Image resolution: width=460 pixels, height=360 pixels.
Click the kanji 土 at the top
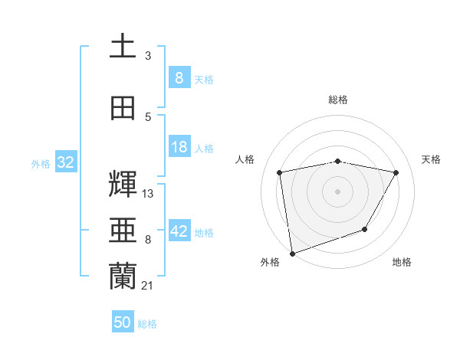pyautogui.click(x=123, y=45)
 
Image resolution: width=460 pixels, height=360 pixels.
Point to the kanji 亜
pyautogui.click(x=123, y=230)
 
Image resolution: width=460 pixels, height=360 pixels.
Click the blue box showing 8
pyautogui.click(x=179, y=77)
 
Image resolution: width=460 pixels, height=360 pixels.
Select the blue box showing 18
pyautogui.click(x=179, y=147)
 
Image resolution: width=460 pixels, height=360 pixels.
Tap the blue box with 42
pyautogui.click(x=179, y=231)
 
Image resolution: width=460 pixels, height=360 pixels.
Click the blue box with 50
pyautogui.click(x=123, y=322)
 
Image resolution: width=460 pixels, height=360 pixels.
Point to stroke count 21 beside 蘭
pyautogui.click(x=148, y=286)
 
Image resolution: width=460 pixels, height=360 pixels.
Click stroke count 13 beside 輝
pyautogui.click(x=148, y=194)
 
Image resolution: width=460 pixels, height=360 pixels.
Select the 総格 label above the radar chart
pyautogui.click(x=337, y=100)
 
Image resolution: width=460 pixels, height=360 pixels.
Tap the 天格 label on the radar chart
pyautogui.click(x=432, y=159)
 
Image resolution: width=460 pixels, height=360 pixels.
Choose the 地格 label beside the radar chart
pyautogui.click(x=402, y=262)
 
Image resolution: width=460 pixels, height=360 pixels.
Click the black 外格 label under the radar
pyautogui.click(x=270, y=262)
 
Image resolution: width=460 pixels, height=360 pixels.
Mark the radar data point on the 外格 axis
pyautogui.click(x=292, y=253)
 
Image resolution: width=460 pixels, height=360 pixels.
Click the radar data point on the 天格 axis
pyautogui.click(x=396, y=172)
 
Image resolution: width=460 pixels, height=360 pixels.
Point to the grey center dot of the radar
pyautogui.click(x=337, y=191)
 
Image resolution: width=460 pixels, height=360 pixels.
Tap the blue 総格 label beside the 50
pyautogui.click(x=147, y=323)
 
